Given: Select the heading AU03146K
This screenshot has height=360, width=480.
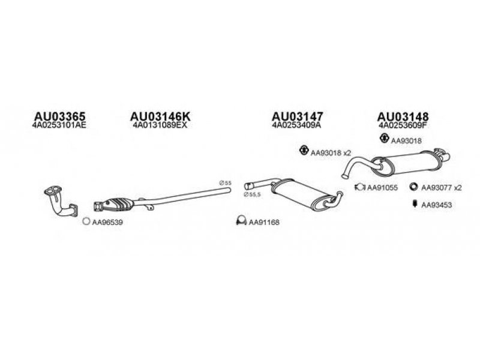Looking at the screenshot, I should pyautogui.click(x=160, y=116).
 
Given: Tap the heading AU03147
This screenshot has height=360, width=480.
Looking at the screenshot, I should pyautogui.click(x=298, y=116).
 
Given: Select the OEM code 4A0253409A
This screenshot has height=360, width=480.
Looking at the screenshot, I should pyautogui.click(x=296, y=126).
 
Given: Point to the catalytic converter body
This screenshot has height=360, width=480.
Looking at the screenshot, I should pyautogui.click(x=121, y=204).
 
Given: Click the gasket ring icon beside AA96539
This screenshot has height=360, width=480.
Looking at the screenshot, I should pyautogui.click(x=86, y=221).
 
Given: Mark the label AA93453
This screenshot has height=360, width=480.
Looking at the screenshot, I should pyautogui.click(x=436, y=205).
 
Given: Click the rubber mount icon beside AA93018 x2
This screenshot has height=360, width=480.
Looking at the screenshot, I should pyautogui.click(x=304, y=151).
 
